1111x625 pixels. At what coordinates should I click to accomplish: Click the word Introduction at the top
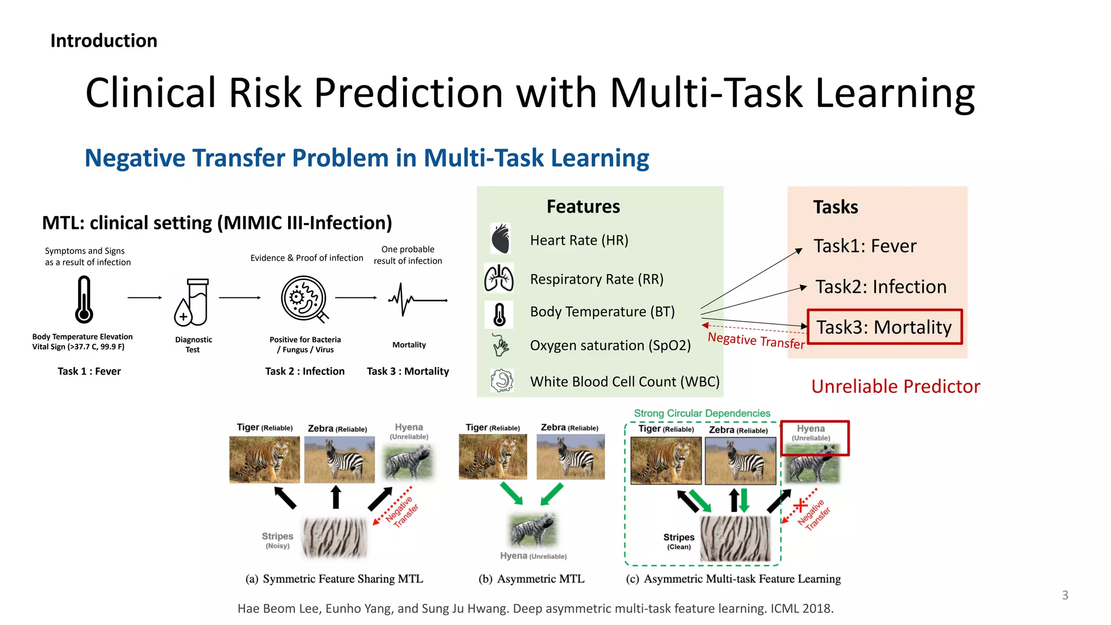click(x=104, y=41)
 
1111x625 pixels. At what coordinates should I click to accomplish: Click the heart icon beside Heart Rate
click(x=500, y=239)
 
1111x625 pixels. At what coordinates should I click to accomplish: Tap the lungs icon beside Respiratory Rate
click(x=499, y=278)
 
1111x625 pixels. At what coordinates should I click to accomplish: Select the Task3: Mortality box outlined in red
click(x=884, y=327)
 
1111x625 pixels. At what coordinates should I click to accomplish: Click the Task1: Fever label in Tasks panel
click(x=865, y=246)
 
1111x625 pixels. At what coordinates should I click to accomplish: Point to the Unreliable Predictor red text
click(x=896, y=386)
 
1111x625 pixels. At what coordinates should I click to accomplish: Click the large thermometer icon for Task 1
click(x=84, y=299)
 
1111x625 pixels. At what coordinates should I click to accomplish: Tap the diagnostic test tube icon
click(x=193, y=302)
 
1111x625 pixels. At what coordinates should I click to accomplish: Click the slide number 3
click(x=1065, y=595)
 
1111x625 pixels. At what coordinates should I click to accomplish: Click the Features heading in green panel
click(x=583, y=207)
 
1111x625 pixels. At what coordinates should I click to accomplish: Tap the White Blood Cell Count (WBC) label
click(x=625, y=381)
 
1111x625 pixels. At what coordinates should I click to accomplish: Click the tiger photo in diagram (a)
click(x=264, y=459)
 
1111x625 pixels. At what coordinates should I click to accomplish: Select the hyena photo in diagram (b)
click(x=533, y=530)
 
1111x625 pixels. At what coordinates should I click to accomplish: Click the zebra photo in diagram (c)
click(x=740, y=461)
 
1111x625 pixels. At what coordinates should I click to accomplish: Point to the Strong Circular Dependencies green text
click(x=702, y=413)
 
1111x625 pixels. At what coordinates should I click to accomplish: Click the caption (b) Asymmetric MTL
click(x=532, y=579)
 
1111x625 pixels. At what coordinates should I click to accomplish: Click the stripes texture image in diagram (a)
click(x=335, y=538)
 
